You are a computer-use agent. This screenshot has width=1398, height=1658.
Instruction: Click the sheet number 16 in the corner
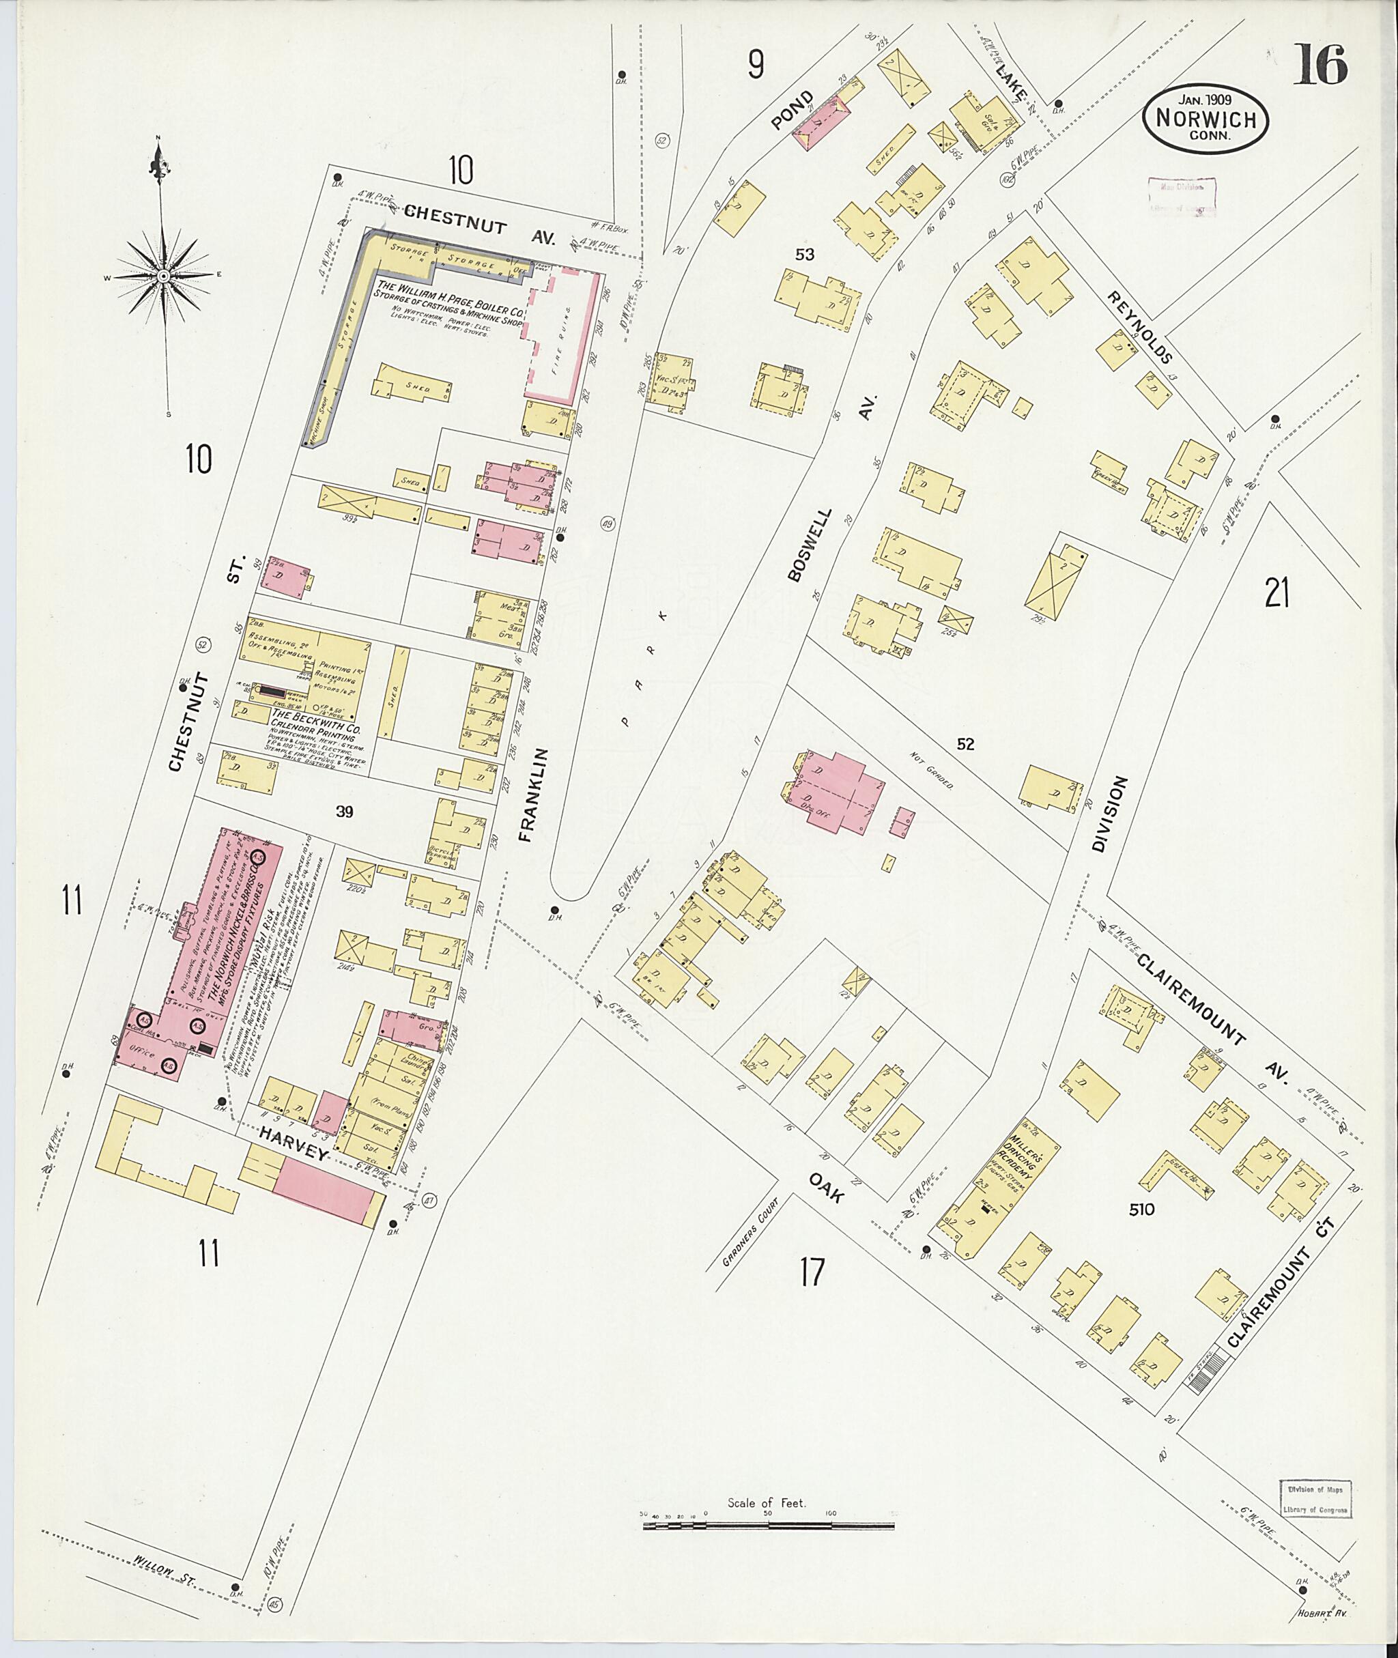[1319, 65]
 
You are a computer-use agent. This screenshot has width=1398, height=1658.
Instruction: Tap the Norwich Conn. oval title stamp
[1205, 119]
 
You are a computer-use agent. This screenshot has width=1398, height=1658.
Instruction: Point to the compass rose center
[162, 276]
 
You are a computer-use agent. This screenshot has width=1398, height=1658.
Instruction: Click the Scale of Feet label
[766, 949]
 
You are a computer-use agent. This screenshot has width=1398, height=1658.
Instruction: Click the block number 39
[343, 812]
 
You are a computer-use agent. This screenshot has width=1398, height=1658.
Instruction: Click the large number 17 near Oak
[812, 1273]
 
